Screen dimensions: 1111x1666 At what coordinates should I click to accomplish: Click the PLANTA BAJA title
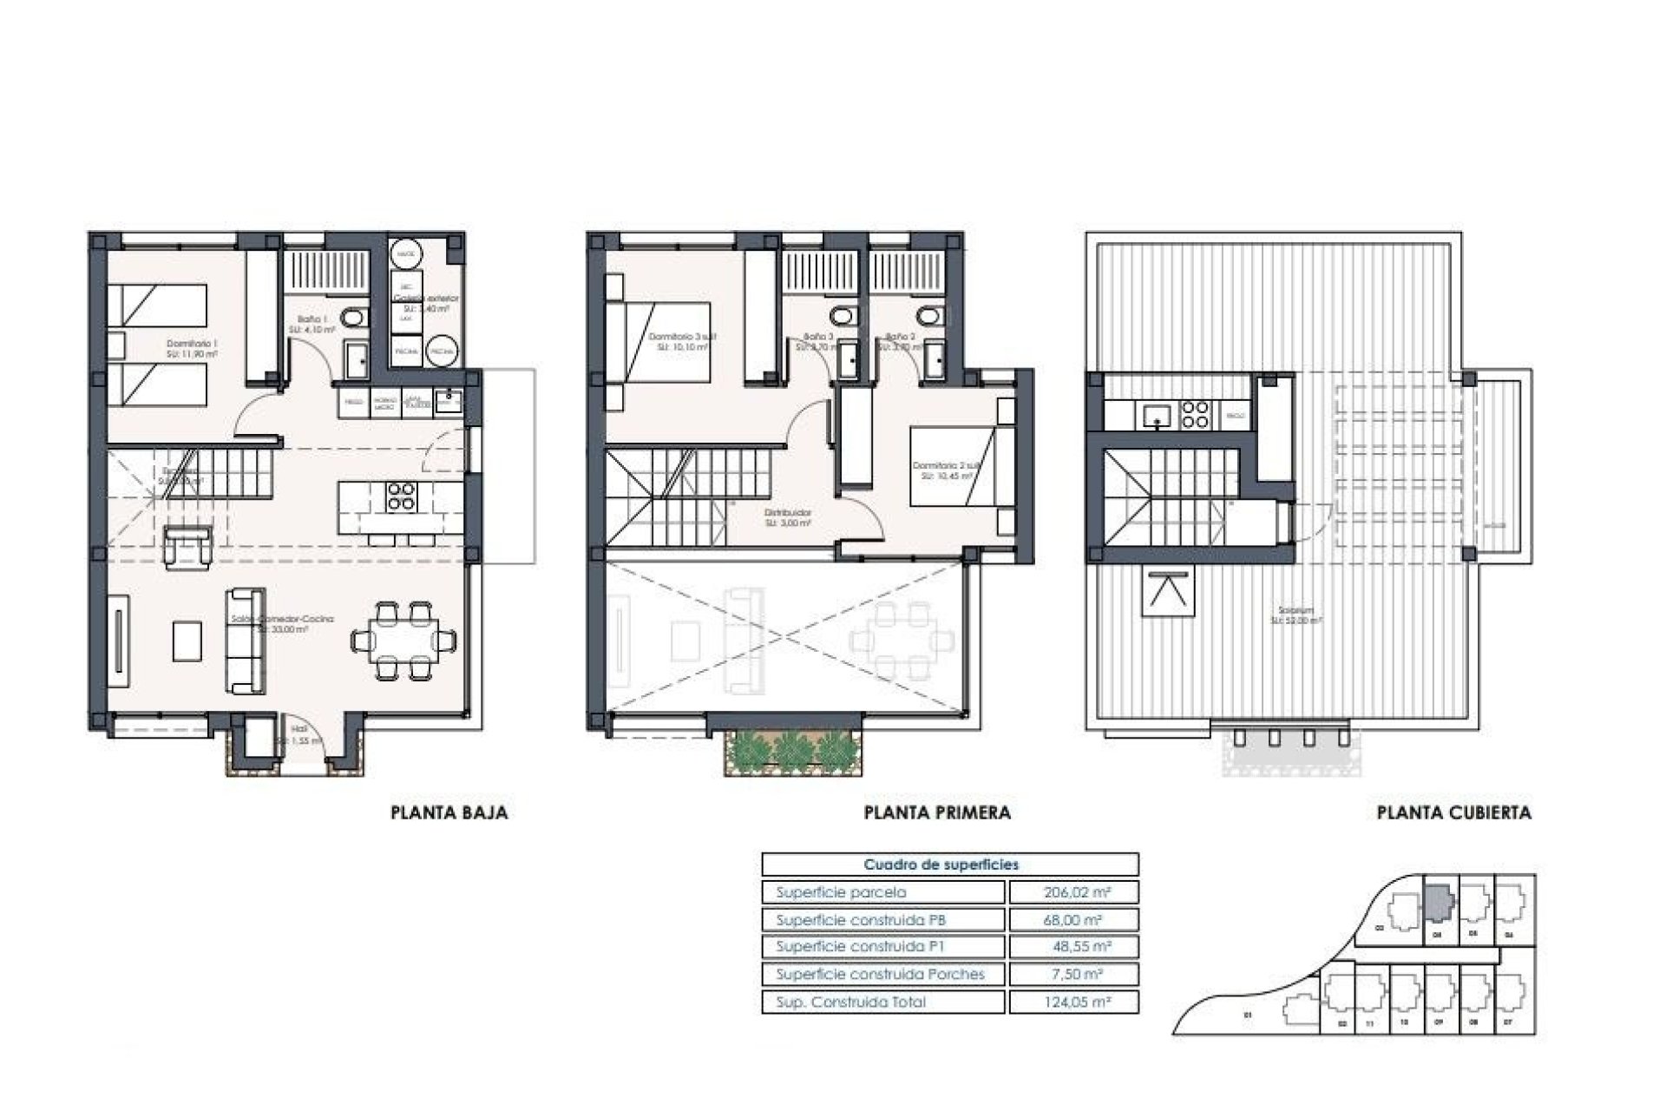[449, 813]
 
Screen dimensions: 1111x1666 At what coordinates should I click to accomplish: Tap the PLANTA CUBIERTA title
[1453, 813]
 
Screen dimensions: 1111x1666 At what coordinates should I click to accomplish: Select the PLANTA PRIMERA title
[937, 813]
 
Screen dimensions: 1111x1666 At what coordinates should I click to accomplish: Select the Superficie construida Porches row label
[880, 975]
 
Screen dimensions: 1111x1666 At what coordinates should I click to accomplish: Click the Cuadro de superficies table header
[941, 864]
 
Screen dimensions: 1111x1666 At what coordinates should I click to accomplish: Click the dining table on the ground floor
[403, 641]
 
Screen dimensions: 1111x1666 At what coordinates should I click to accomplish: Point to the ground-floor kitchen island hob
[401, 496]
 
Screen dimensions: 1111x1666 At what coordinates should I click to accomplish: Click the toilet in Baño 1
[351, 319]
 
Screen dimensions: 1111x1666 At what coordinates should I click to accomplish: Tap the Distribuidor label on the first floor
[788, 518]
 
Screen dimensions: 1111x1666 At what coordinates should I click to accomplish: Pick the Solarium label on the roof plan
[1296, 615]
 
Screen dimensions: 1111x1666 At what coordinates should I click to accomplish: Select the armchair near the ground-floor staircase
[187, 548]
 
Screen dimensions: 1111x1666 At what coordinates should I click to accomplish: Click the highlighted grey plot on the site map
[1438, 903]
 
